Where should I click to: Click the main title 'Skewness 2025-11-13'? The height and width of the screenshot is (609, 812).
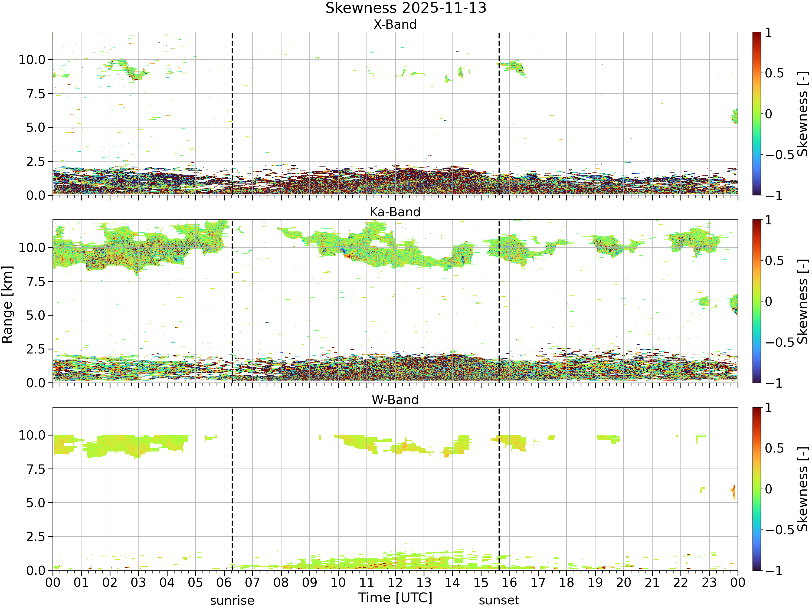[x=406, y=8]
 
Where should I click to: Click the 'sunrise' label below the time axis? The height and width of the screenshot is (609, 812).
[x=232, y=601]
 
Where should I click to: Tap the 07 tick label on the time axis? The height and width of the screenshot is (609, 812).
[x=252, y=582]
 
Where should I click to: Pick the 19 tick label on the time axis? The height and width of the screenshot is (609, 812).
[x=595, y=582]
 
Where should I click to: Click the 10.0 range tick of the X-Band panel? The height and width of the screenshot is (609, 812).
[x=32, y=60]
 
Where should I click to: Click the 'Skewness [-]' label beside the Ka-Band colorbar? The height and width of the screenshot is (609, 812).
[x=803, y=301]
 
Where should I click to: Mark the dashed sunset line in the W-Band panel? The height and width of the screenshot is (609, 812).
[x=499, y=489]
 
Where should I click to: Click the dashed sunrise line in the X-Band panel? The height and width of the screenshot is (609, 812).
[x=232, y=114]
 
